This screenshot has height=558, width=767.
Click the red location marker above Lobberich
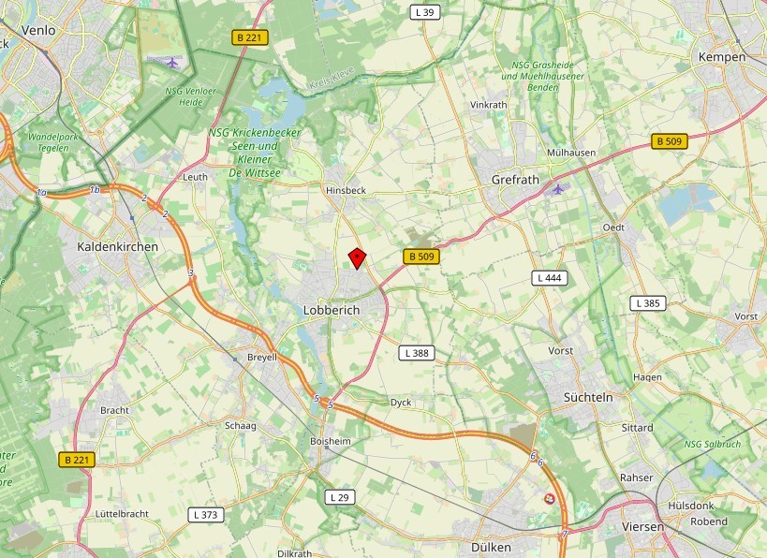[357, 257]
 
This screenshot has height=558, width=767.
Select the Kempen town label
[722, 57]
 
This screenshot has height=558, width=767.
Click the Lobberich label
[332, 310]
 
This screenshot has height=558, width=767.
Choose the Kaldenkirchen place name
[117, 246]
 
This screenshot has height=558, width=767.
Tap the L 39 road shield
[424, 12]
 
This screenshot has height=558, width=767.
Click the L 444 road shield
[550, 278]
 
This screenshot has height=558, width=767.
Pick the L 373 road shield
[205, 515]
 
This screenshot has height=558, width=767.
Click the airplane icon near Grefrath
[559, 189]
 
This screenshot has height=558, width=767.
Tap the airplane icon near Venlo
[171, 63]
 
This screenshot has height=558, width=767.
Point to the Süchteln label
[588, 397]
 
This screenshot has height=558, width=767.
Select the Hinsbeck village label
[346, 190]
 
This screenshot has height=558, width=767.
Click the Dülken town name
[492, 547]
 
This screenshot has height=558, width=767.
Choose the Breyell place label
[262, 357]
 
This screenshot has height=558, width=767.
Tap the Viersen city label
[642, 527]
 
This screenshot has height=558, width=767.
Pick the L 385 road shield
[647, 303]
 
